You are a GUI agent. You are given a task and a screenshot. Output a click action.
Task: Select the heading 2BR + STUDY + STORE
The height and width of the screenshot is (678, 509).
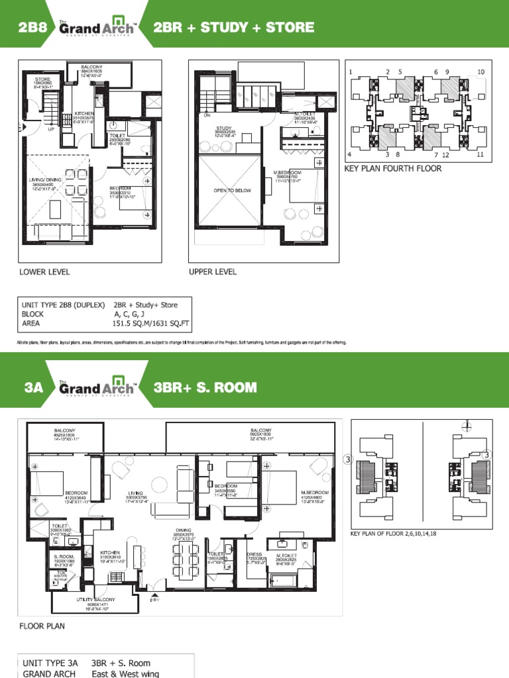coord(233,28)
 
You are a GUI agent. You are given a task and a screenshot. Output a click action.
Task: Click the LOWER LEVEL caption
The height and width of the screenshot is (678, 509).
coord(44,271)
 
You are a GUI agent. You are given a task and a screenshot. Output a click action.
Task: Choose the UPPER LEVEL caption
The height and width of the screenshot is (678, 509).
coord(213,271)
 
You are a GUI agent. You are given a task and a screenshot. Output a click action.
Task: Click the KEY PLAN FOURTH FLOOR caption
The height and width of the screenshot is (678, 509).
coord(392,169)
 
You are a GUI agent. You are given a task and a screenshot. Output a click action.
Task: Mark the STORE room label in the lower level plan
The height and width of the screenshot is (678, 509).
coord(42,79)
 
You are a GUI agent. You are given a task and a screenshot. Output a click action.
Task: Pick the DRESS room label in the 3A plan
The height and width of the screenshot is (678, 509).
coord(256,554)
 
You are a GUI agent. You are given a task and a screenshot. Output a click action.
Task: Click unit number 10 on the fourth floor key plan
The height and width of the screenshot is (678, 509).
coord(481,72)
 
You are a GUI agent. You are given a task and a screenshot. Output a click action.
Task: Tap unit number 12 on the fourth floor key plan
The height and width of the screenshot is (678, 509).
coord(445,155)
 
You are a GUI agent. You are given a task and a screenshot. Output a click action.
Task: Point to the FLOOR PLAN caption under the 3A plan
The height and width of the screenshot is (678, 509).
coord(42,626)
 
